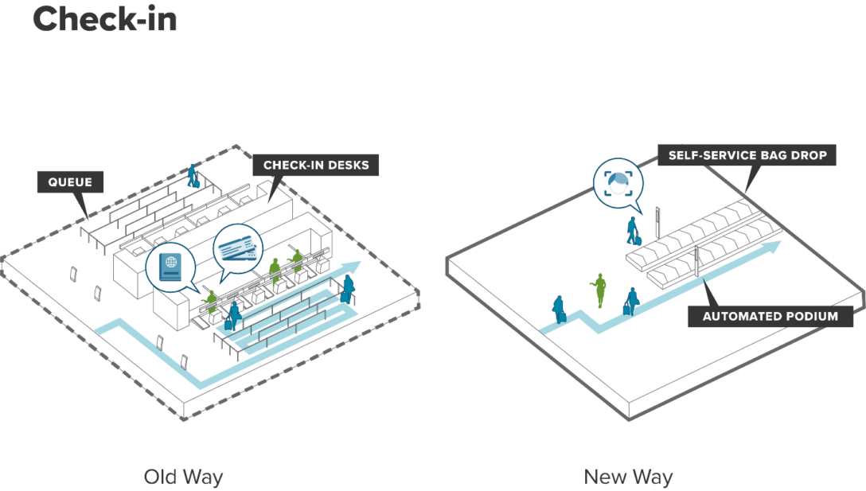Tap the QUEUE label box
coord(70,182)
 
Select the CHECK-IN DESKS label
coord(315,166)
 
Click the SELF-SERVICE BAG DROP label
coord(747,154)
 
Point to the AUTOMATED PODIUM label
coord(770,316)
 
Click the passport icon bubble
coord(170,268)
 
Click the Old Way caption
coord(183,477)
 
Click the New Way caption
coord(628,477)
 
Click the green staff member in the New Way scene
coord(599,290)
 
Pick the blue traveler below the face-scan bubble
coord(633,228)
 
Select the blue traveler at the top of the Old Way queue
coord(192,176)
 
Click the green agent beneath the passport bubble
coord(210,300)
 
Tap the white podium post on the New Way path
coord(697,263)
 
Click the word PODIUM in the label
coord(811,316)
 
